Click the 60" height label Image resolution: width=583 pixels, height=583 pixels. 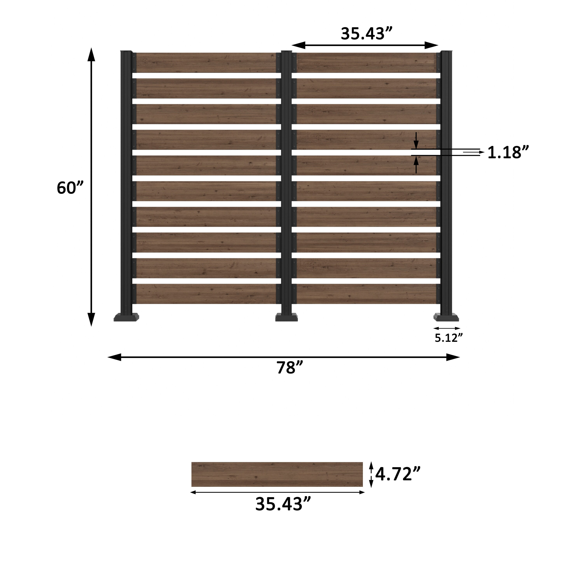(70, 188)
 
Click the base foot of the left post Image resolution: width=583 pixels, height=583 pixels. (127, 318)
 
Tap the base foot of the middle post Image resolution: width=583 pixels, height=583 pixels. (287, 318)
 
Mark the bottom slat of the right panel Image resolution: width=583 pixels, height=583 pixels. (367, 294)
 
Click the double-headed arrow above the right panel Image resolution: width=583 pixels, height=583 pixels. (365, 45)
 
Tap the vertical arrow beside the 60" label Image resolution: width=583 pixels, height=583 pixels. (91, 187)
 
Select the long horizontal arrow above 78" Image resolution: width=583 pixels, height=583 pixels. (284, 357)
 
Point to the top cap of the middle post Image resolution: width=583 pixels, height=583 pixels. (286, 52)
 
